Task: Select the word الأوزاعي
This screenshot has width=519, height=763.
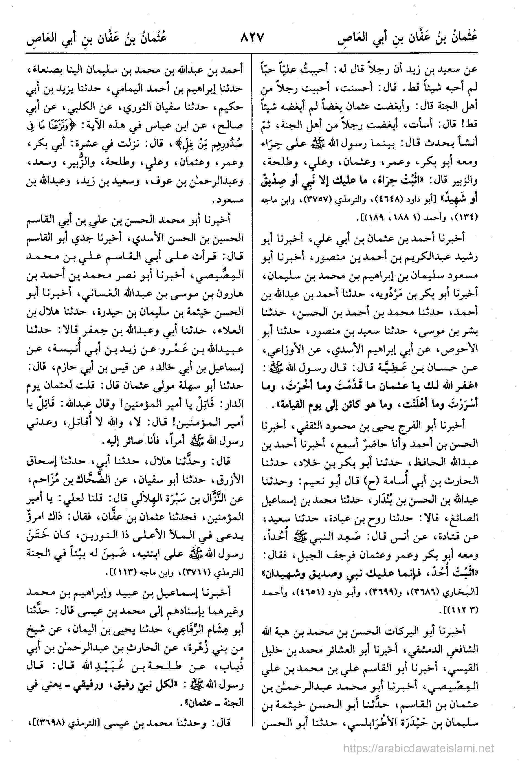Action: point(289,350)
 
